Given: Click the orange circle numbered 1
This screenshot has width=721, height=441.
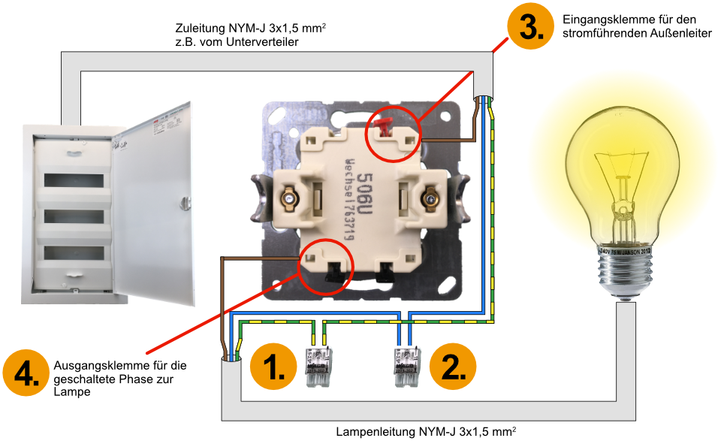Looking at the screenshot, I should point(275,367).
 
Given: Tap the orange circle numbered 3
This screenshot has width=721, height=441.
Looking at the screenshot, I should point(530,29).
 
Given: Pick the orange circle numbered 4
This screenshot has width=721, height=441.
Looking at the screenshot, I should point(26,373).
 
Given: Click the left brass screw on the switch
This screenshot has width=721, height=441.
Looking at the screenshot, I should point(288,199).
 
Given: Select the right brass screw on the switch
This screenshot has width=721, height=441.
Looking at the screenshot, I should point(430,199).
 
